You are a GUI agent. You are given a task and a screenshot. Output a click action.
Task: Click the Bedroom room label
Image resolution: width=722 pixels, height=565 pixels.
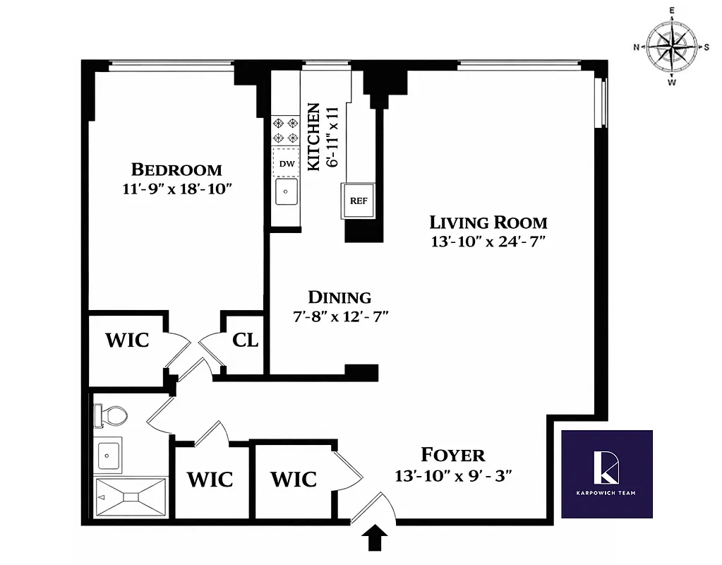[176, 169]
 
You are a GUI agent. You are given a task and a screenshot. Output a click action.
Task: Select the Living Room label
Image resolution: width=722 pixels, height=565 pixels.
[488, 222]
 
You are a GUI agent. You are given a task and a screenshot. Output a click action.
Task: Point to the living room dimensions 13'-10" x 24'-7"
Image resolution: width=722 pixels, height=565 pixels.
[488, 242]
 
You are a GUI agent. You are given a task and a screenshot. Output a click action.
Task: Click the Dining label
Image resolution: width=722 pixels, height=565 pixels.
[339, 297]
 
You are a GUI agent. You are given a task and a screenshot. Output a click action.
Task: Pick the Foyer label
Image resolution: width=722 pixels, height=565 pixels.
[452, 455]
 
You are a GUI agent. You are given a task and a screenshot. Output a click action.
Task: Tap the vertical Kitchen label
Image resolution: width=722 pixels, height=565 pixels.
[313, 136]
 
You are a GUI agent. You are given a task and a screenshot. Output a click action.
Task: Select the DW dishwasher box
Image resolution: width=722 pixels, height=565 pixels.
[287, 164]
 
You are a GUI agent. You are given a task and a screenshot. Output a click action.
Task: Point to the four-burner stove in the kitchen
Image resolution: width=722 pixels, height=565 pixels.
[286, 130]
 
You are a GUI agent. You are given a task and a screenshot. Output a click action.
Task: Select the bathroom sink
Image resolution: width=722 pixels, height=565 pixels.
[108, 454]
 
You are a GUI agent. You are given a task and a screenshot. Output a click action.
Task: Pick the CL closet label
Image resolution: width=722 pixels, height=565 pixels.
[246, 340]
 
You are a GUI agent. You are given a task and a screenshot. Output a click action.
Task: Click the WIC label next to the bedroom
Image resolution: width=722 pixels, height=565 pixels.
[127, 340]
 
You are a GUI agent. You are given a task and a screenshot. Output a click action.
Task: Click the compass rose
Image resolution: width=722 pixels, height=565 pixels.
[672, 47]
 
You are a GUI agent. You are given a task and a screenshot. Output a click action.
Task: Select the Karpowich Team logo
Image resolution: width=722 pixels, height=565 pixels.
[607, 472]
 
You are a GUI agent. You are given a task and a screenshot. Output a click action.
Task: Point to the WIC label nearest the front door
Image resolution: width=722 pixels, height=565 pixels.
[294, 480]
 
